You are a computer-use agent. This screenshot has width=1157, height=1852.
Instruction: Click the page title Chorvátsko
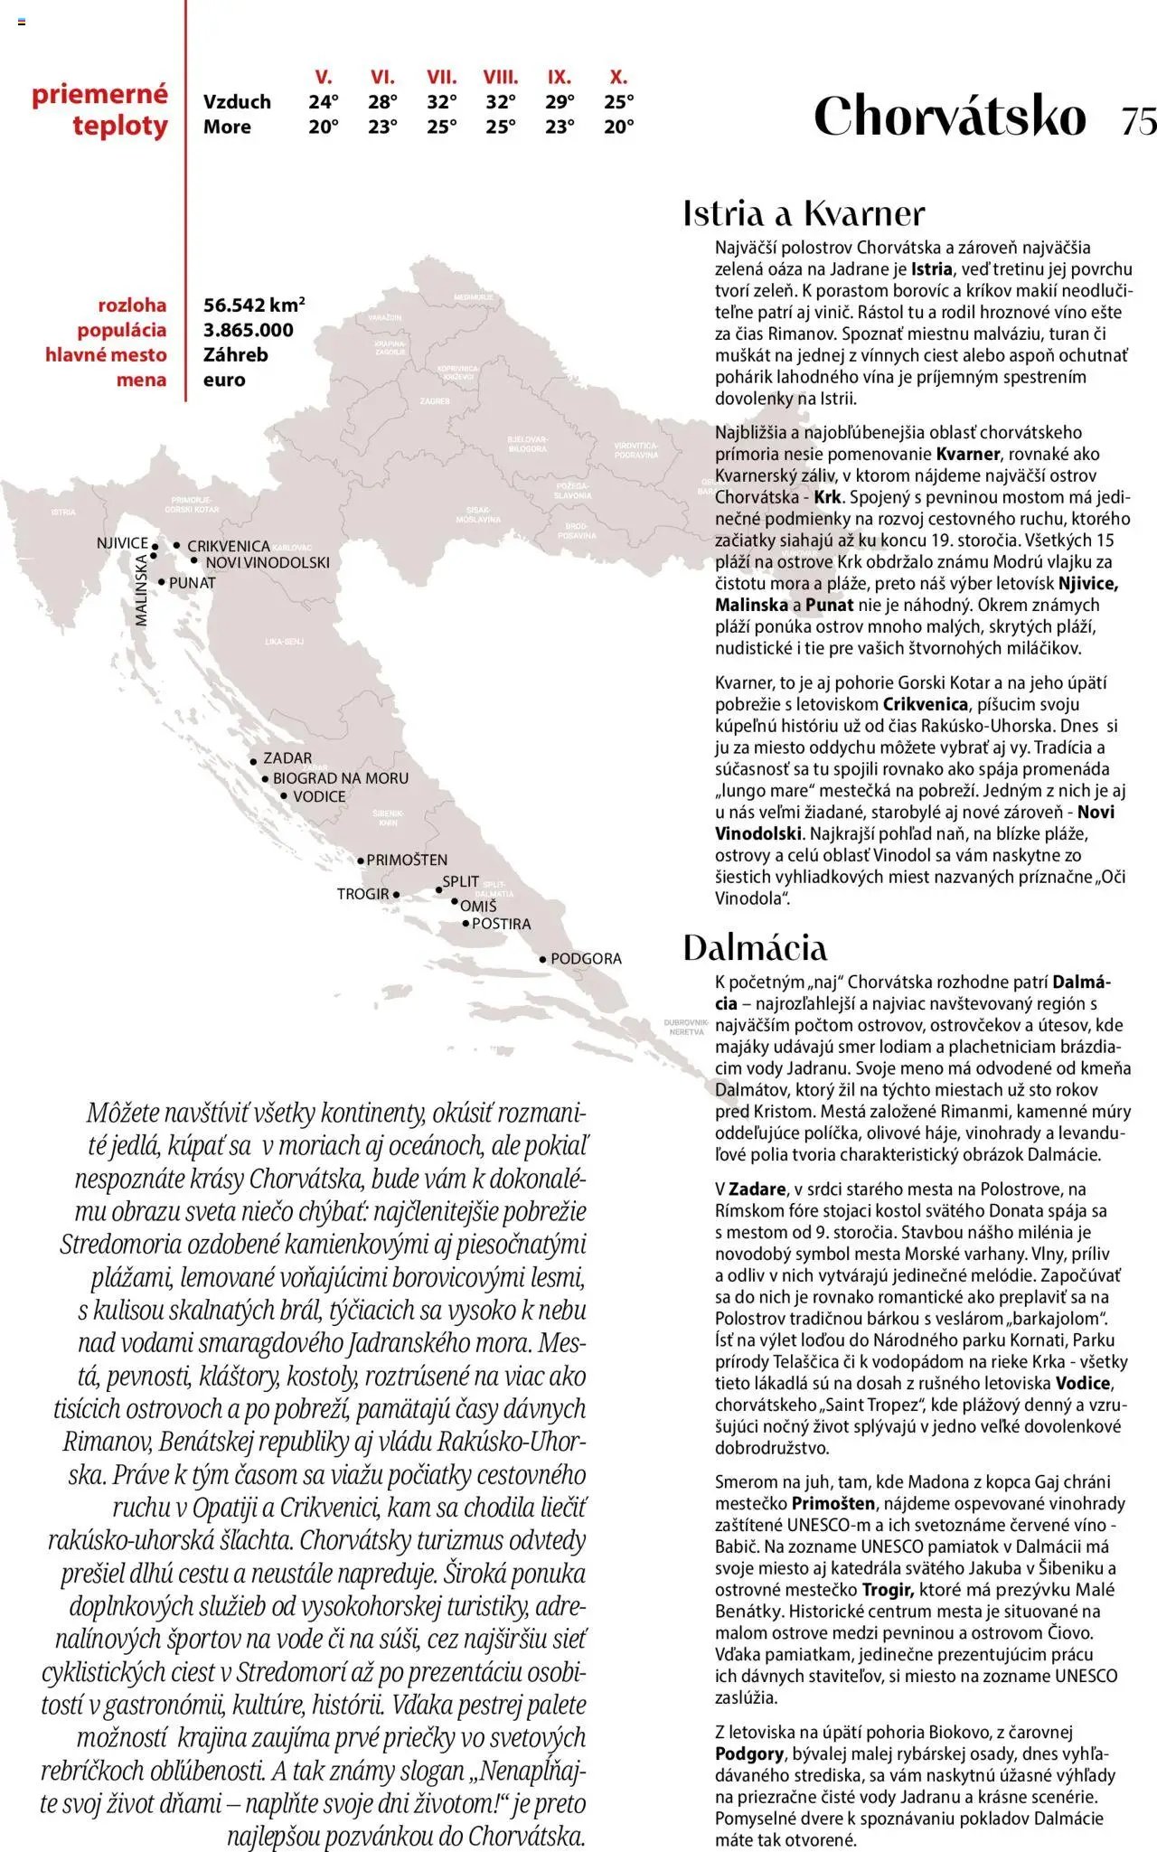click(x=949, y=117)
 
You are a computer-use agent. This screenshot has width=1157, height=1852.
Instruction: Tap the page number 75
click(x=1138, y=120)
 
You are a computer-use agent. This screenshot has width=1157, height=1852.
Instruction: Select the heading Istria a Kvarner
click(x=804, y=213)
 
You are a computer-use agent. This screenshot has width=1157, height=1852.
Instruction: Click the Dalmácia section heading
click(x=755, y=947)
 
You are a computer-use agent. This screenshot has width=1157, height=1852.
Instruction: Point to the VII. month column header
click(x=442, y=78)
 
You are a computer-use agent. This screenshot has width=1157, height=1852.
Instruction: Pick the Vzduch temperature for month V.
click(x=324, y=102)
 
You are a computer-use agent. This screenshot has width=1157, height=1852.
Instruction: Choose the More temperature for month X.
click(x=619, y=127)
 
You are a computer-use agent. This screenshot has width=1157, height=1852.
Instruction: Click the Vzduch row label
click(x=237, y=102)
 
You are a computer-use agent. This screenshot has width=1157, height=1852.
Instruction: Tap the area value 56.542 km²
click(x=254, y=305)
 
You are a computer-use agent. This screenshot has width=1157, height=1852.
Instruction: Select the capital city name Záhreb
click(x=236, y=354)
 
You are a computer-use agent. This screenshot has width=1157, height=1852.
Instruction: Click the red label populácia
click(x=122, y=330)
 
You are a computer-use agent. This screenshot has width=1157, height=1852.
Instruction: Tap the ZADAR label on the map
click(x=287, y=758)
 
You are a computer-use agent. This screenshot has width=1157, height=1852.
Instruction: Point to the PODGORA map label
click(x=586, y=959)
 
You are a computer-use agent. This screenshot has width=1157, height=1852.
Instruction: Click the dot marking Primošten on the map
click(x=361, y=861)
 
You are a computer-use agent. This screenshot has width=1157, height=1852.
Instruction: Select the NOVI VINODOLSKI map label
click(x=268, y=562)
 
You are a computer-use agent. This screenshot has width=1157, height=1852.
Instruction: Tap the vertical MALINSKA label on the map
click(x=142, y=590)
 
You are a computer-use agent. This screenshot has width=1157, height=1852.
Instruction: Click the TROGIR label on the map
click(x=363, y=894)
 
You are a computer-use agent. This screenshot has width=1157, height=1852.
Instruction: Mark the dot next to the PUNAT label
click(x=162, y=582)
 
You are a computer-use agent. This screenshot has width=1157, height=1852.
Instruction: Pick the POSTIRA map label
click(x=502, y=924)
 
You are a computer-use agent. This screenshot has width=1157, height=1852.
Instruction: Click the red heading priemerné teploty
click(x=100, y=109)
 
